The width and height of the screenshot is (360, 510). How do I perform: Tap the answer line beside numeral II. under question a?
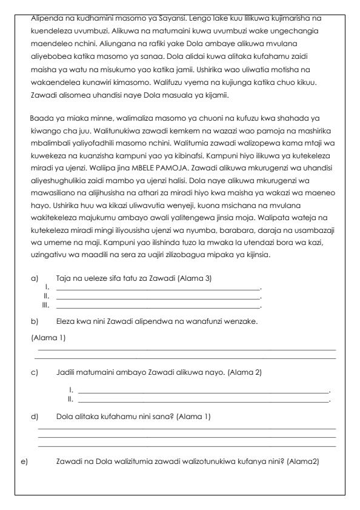[158, 297]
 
